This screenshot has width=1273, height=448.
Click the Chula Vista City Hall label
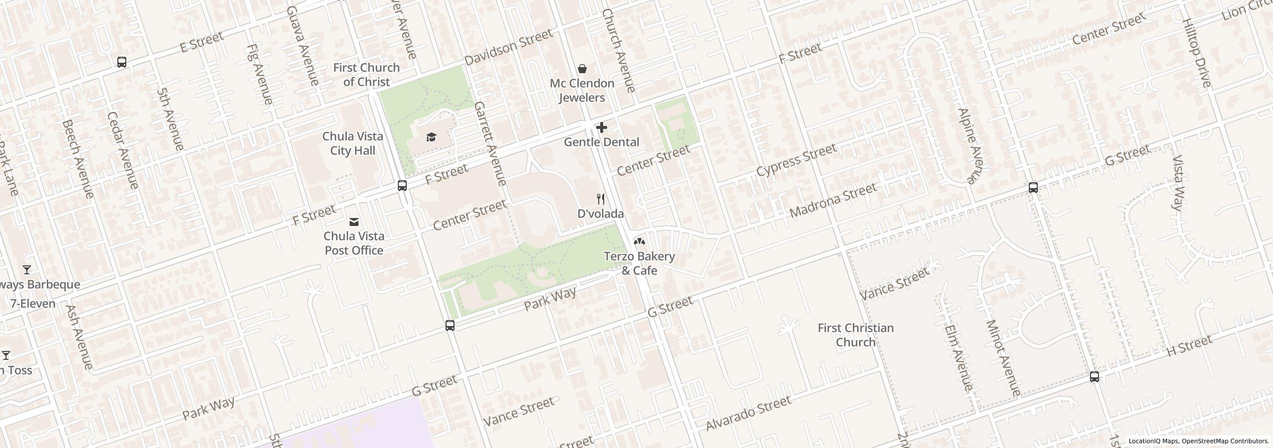click(x=353, y=143)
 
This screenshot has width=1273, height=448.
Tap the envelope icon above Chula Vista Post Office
click(x=354, y=222)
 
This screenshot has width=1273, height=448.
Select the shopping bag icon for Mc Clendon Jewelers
click(x=582, y=68)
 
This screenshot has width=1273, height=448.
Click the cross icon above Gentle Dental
click(x=602, y=127)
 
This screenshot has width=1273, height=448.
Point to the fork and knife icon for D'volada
click(x=601, y=199)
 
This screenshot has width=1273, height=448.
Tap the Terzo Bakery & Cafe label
click(x=639, y=263)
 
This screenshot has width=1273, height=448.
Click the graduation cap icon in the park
click(x=431, y=137)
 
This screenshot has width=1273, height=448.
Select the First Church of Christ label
click(x=366, y=75)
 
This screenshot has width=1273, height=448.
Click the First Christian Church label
click(x=855, y=335)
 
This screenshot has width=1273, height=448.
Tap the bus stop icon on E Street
click(x=122, y=62)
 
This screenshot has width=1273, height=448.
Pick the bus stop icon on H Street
click(x=1094, y=377)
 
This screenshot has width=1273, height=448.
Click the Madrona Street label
click(x=833, y=200)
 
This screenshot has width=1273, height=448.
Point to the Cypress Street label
click(x=796, y=160)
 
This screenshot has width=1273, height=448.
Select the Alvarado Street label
click(x=748, y=413)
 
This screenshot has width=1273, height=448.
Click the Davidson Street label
click(x=508, y=47)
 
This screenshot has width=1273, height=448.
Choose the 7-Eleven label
click(x=33, y=303)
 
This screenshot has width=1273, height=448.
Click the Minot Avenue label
click(x=1002, y=357)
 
